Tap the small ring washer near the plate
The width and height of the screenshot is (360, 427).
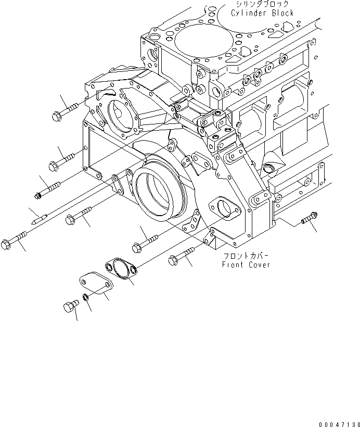(84, 299)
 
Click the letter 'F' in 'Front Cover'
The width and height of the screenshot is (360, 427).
(224, 265)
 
